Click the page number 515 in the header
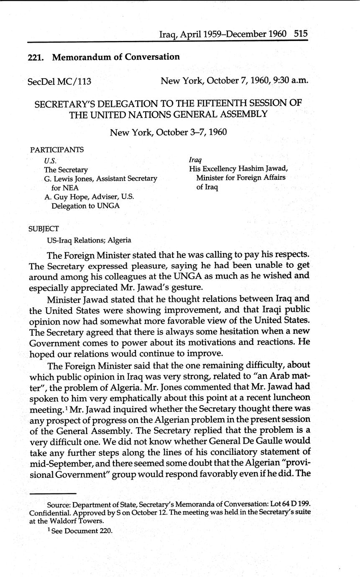click(x=301, y=34)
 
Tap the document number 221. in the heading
click(x=36, y=57)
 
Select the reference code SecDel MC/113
click(x=59, y=81)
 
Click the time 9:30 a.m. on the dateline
click(x=291, y=80)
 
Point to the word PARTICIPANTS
click(x=57, y=150)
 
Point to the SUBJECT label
click(x=44, y=229)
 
